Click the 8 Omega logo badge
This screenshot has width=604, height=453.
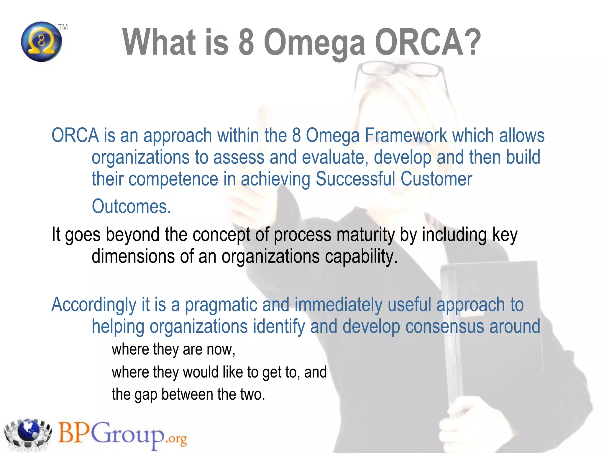pos(42,42)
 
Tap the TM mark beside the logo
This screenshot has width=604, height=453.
pos(63,27)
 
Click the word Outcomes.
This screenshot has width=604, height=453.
pos(131,206)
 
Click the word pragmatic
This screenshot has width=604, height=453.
pos(221,305)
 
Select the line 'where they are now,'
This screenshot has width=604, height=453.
pos(173,349)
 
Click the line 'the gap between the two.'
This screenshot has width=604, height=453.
pos(188,394)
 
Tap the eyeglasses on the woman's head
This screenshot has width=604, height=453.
pos(401,71)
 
